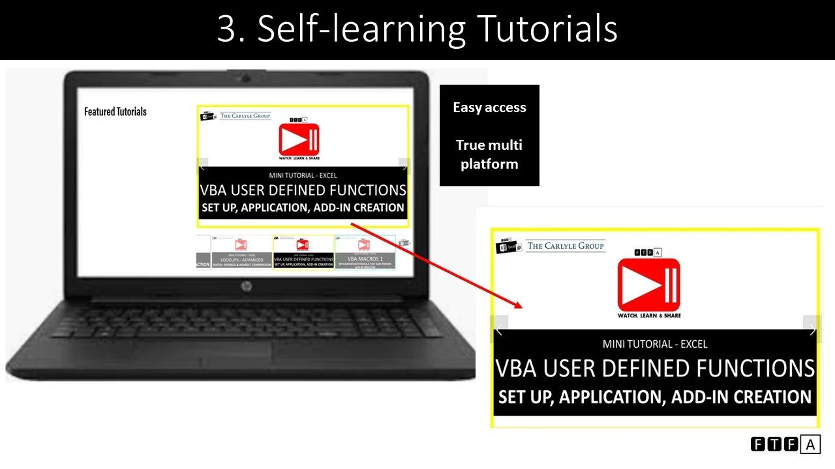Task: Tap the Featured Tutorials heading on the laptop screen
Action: (x=115, y=111)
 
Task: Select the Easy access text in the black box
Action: (x=489, y=107)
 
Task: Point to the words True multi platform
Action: (x=489, y=154)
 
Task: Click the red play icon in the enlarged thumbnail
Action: (x=648, y=285)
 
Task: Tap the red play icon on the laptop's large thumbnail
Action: (x=299, y=139)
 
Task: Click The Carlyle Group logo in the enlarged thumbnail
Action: (x=566, y=246)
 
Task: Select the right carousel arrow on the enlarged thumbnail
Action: (x=812, y=330)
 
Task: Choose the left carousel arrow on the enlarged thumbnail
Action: (x=498, y=330)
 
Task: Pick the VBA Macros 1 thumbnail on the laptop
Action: (x=365, y=253)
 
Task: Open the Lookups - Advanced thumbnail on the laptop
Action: (x=242, y=253)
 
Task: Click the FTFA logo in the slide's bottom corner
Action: (x=785, y=445)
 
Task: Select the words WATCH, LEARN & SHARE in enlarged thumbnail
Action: (x=649, y=315)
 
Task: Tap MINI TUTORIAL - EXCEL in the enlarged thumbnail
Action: (x=655, y=344)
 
